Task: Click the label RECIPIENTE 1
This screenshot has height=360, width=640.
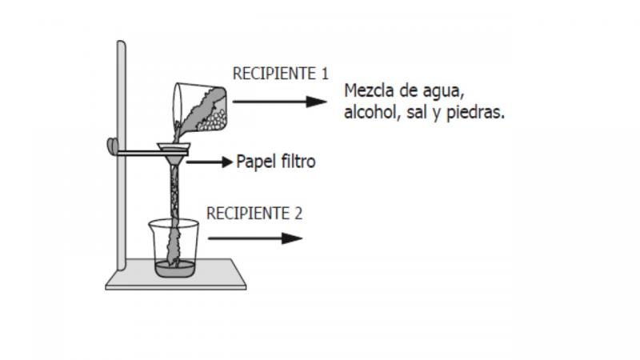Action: (281, 74)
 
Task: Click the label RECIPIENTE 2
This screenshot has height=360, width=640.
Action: (254, 213)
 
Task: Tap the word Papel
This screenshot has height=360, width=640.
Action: (254, 162)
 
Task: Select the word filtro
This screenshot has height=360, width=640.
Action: (295, 162)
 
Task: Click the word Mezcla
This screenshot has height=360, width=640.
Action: (370, 90)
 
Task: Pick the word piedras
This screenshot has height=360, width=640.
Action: (476, 112)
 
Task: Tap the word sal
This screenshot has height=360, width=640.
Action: (417, 112)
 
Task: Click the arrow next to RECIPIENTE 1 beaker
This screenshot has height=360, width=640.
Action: (279, 102)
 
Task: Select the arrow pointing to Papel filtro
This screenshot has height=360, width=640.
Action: (210, 162)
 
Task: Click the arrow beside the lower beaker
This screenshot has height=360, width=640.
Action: (255, 238)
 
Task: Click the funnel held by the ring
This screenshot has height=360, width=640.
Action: (174, 152)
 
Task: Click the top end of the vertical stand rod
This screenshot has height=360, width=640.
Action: (122, 42)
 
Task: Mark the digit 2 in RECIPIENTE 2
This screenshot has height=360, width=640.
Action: (298, 214)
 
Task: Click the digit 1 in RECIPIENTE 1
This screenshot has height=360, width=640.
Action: (325, 74)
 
